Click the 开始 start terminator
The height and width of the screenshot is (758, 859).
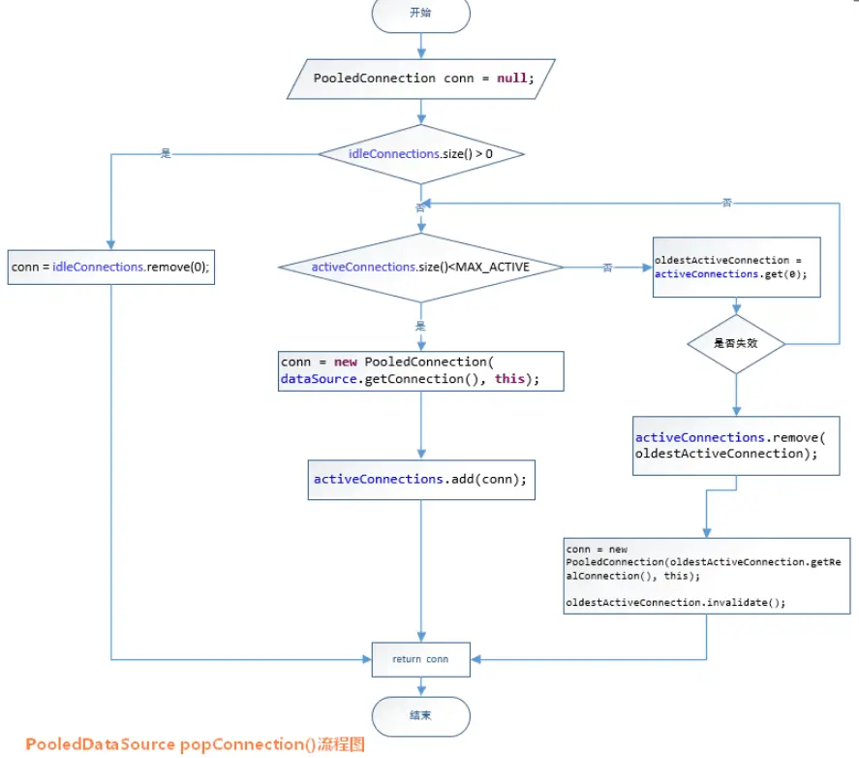pos(420,14)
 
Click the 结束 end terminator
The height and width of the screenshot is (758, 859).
pos(420,714)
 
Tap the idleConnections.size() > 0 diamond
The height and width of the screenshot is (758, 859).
pos(421,154)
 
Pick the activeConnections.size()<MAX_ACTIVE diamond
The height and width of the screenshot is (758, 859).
pos(420,267)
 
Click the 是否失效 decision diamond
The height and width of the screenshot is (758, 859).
pos(736,343)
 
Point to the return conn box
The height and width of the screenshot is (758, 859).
pos(420,659)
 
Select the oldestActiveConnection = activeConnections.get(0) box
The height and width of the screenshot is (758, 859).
pos(737,268)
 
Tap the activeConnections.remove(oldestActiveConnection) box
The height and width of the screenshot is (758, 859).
pos(736,446)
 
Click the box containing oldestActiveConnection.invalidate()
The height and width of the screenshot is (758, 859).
pos(707,575)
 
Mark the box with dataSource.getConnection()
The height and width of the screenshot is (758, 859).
pos(420,370)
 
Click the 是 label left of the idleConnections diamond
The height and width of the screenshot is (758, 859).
pos(166,153)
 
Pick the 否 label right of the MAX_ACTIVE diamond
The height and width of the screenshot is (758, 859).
pos(608,268)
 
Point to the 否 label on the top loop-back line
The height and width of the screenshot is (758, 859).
pos(727,203)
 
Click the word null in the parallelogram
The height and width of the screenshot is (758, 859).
pos(512,78)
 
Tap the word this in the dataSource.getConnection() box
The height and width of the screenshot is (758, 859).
pos(509,379)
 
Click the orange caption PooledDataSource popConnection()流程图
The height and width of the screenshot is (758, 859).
pos(195,744)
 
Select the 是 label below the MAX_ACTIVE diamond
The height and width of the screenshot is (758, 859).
pos(420,326)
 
